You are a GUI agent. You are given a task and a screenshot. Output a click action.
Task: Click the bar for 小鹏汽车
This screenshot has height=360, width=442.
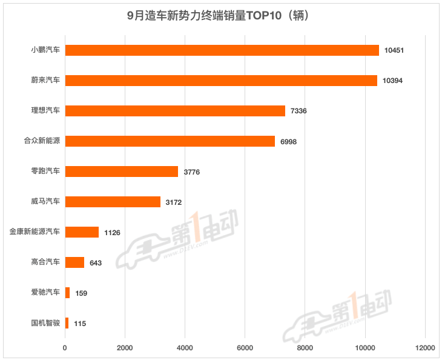(x=222, y=50)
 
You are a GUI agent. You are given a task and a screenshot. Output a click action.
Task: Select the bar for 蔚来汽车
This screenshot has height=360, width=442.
(x=221, y=81)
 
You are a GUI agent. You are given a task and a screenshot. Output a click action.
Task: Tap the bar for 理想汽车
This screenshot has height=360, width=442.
(x=175, y=111)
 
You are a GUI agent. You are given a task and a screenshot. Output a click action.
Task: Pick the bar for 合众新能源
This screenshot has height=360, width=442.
(x=170, y=141)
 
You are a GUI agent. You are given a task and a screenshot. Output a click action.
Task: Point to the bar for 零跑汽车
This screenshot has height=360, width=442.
(x=122, y=172)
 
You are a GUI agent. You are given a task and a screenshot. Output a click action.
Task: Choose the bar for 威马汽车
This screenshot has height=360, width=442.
(x=113, y=202)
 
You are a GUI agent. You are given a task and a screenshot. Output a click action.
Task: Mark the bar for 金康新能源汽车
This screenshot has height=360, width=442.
(x=82, y=232)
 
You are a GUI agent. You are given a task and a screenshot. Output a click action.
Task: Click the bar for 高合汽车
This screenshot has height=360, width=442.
(x=74, y=262)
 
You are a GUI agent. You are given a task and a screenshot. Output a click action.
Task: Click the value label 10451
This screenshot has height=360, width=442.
(x=394, y=50)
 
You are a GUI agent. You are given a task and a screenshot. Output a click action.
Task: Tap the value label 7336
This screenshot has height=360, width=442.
(x=299, y=111)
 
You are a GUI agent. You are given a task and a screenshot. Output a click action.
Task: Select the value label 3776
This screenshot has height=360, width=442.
(x=191, y=172)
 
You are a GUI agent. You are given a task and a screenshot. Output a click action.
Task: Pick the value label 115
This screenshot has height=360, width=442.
(x=79, y=324)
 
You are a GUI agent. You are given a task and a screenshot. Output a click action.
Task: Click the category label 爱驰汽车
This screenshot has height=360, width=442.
(x=46, y=293)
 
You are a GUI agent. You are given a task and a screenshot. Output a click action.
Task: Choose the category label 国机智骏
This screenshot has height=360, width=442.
(x=46, y=323)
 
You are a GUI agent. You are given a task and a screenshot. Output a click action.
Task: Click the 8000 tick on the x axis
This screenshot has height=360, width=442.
(x=305, y=348)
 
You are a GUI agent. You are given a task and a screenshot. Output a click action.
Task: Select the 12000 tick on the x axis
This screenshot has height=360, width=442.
(x=424, y=348)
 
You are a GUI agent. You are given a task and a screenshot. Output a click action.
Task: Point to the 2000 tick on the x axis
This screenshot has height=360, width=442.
(x=125, y=348)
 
